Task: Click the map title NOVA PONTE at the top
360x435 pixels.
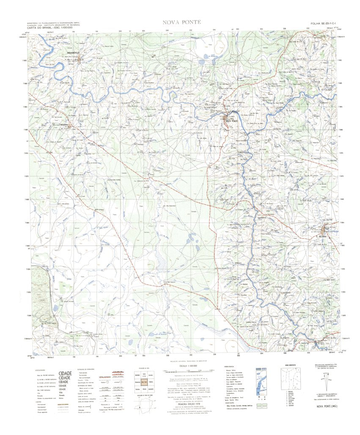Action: (179, 22)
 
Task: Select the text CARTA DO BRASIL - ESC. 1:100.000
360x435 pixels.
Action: (50, 27)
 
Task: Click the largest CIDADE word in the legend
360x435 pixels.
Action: (65, 374)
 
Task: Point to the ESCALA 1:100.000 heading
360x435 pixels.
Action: (180, 367)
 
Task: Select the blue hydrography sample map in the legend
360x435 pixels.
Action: (261, 382)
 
